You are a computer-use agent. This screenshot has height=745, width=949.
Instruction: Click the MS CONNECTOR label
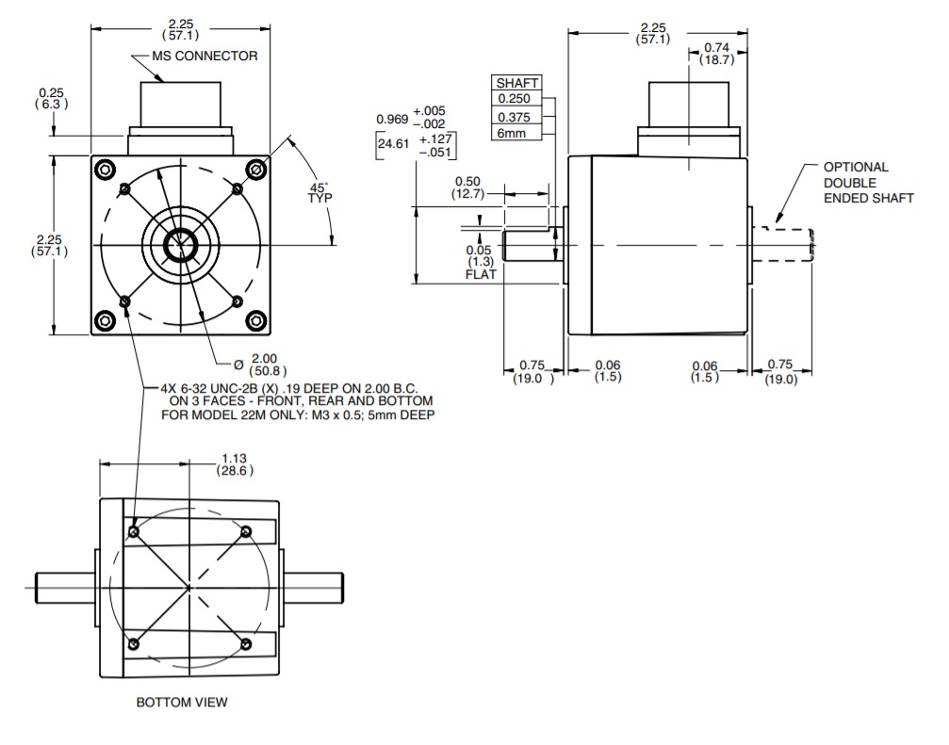click(x=205, y=56)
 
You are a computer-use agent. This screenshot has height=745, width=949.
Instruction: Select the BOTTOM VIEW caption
click(x=182, y=702)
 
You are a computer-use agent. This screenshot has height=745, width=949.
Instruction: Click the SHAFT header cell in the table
click(x=516, y=83)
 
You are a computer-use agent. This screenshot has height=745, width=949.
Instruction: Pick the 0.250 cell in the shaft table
click(x=515, y=99)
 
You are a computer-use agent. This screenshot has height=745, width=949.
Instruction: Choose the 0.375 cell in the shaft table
click(x=515, y=117)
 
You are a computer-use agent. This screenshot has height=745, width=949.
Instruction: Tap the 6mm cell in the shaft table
click(x=513, y=134)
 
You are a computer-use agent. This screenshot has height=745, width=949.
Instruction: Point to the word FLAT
click(x=481, y=274)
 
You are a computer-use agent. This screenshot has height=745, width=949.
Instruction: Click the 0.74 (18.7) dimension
click(x=716, y=53)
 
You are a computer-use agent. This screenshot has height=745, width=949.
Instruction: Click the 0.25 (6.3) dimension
click(x=50, y=99)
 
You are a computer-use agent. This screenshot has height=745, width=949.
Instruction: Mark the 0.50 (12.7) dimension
click(x=468, y=187)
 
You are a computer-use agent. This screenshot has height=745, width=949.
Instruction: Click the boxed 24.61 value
click(x=395, y=146)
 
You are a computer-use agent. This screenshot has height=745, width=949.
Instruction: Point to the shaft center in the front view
click(x=179, y=246)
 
